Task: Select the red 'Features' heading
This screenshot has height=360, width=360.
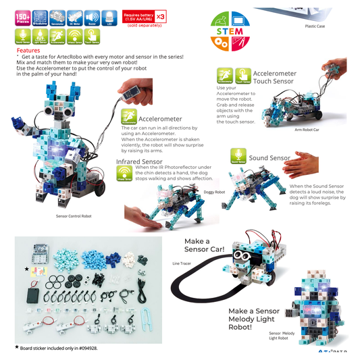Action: [x=28, y=50]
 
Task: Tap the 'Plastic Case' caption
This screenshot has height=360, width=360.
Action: [x=315, y=27]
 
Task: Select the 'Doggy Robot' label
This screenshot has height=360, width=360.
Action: [x=214, y=192]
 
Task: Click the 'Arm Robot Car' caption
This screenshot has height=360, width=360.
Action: [x=308, y=129]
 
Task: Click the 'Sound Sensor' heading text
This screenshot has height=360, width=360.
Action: [x=269, y=158]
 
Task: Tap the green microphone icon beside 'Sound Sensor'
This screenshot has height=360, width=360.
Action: [x=238, y=156]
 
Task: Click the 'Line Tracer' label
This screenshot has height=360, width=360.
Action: [x=182, y=263]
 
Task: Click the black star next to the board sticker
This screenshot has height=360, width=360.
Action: [x=26, y=269]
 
